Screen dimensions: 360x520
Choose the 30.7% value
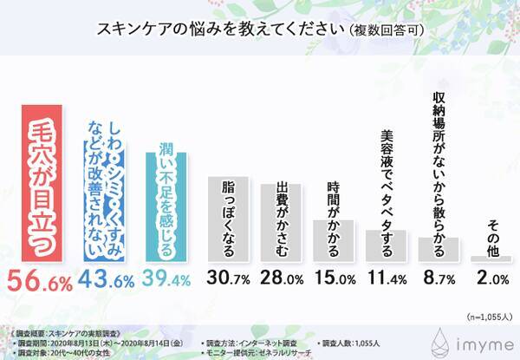(x=229, y=282)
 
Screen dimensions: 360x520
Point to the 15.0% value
(x=334, y=282)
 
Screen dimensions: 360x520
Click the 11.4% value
(x=386, y=282)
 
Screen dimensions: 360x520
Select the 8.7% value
(x=439, y=282)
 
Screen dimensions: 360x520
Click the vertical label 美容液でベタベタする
(x=387, y=187)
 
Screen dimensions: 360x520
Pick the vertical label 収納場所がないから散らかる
(x=439, y=165)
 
